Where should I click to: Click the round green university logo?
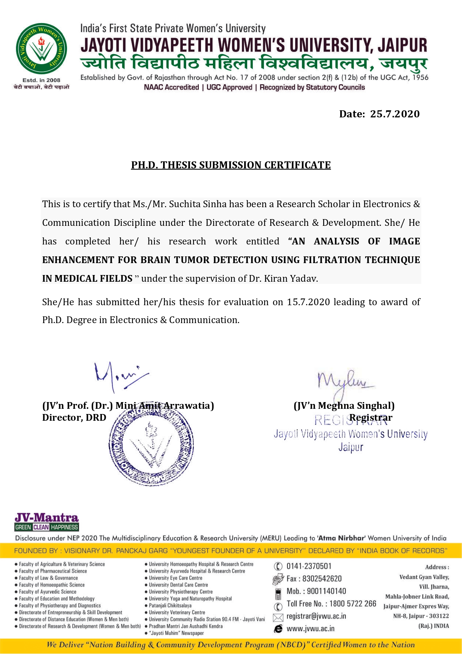pos(41,49)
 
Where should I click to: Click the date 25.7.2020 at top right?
pos(395,114)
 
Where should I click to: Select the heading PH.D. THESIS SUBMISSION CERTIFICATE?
pos(231,165)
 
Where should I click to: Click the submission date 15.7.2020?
pos(308,302)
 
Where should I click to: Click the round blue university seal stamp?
pos(151,446)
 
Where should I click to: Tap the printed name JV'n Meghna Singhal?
pos(344,405)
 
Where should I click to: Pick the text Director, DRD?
pos(74,417)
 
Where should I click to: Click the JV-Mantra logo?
pos(47,522)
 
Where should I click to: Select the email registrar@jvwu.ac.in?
pos(316,616)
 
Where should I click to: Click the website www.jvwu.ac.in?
pos(310,629)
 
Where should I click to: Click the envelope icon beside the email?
pos(278,617)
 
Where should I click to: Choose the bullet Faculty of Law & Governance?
pos(48,578)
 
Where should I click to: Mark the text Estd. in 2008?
pos(41,80)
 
